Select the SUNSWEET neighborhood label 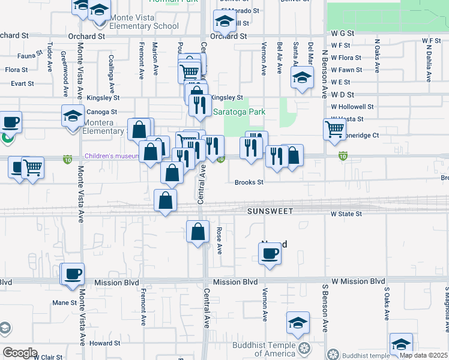click(x=270, y=212)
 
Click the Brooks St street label click(x=249, y=182)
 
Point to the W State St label click(x=346, y=214)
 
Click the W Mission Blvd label click(x=358, y=281)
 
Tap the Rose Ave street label click(x=219, y=241)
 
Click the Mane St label click(x=64, y=303)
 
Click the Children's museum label click(x=112, y=157)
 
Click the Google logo click(x=20, y=353)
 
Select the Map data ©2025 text click(x=424, y=355)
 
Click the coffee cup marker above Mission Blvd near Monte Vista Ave click(x=74, y=274)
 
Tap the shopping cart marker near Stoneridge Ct click(x=334, y=128)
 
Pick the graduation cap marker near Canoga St click(x=73, y=115)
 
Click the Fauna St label click(x=28, y=56)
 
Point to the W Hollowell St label click(x=352, y=106)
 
